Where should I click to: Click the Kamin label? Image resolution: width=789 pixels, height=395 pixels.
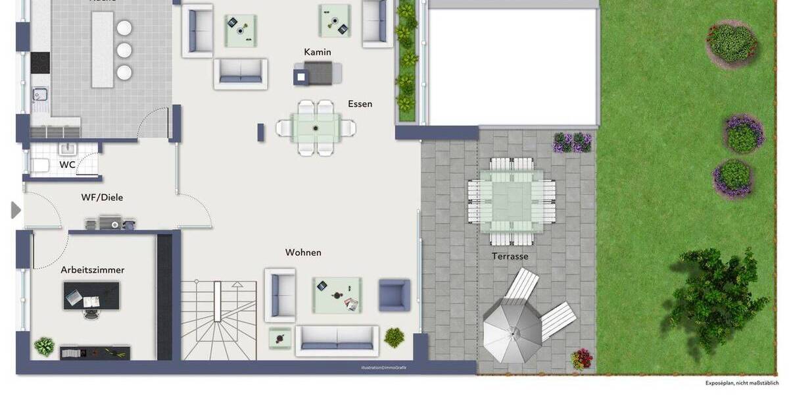pos(318,52)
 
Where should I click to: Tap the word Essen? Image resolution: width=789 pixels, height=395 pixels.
pos(360,104)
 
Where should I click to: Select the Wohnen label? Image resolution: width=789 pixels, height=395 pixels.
pos(303,253)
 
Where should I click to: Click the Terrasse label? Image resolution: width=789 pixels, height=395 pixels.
pos(510,257)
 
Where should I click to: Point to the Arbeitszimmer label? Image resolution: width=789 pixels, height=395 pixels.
pos(93,270)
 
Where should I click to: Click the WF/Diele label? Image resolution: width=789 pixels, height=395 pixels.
pos(102,197)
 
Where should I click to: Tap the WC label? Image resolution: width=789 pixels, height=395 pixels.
pos(67,165)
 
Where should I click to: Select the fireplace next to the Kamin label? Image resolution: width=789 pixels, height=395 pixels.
pos(318,73)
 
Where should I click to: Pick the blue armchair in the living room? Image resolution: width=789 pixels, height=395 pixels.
pos(394,295)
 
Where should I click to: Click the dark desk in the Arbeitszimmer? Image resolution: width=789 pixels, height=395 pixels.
pos(91,296)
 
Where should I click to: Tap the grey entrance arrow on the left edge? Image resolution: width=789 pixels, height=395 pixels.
pos(16,210)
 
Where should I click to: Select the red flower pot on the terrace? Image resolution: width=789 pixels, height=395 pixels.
pos(581,359)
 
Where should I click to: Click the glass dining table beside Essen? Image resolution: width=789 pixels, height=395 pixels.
pos(316,127)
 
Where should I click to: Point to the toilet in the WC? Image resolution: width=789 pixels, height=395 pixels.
pos(40,165)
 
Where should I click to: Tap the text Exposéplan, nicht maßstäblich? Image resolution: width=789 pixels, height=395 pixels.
pos(742,382)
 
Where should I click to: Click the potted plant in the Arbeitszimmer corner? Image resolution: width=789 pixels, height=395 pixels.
pos(44,346)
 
